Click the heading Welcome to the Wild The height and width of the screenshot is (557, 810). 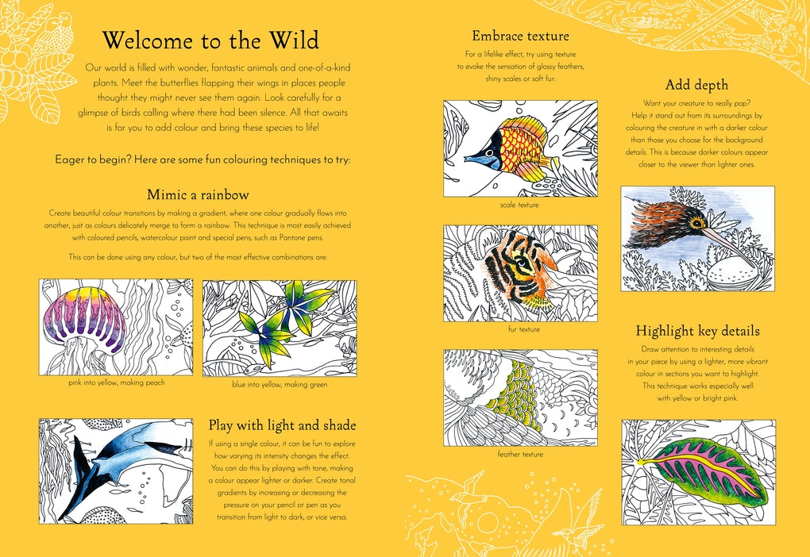click(210, 40)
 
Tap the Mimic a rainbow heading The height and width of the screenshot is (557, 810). click(198, 194)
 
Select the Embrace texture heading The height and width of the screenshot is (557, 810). click(520, 36)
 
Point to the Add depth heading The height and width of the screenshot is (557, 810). click(696, 85)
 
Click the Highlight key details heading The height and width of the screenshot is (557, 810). click(697, 331)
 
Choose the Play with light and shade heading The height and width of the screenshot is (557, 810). click(282, 425)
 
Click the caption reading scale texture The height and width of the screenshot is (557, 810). click(519, 205)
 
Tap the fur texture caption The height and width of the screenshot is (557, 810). click(524, 329)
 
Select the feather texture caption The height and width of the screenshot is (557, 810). click(520, 455)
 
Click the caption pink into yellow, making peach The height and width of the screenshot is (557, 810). click(117, 382)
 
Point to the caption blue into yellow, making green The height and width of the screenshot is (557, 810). click(280, 385)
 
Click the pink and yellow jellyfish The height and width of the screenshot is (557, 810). click(90, 323)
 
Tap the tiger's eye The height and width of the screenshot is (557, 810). click(524, 264)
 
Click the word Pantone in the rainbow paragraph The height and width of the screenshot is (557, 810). click(293, 238)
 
